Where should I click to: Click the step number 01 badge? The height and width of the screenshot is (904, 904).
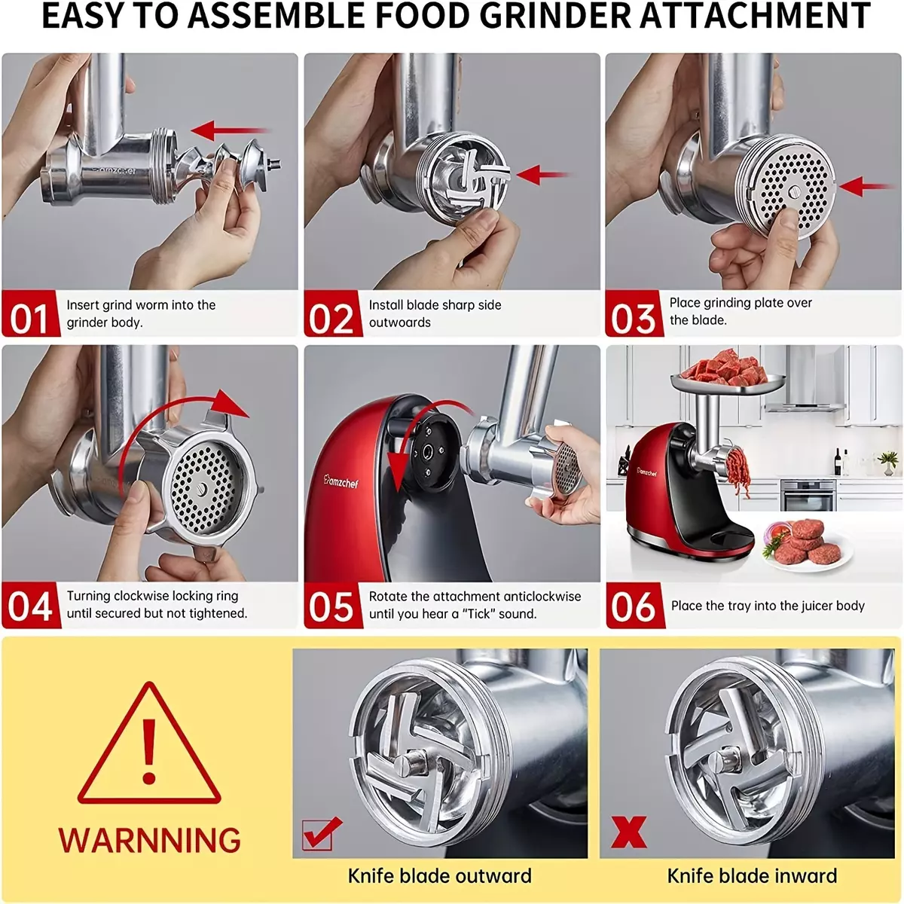[x=31, y=313]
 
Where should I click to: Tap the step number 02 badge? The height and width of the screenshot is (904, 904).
[x=333, y=313]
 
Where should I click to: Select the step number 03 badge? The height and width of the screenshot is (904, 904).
[x=634, y=313]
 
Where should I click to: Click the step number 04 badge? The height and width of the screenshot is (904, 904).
[x=31, y=605]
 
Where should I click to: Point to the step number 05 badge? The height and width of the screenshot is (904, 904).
[x=333, y=605]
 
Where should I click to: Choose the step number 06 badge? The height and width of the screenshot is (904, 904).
[x=635, y=605]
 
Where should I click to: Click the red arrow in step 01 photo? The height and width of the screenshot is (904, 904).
[x=230, y=130]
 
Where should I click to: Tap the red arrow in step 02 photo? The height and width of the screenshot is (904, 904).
[x=542, y=175]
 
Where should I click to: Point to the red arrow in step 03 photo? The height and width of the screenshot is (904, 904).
[x=866, y=186]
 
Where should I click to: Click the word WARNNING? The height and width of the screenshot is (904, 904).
[x=149, y=840]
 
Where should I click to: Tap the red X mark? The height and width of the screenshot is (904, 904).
[x=628, y=831]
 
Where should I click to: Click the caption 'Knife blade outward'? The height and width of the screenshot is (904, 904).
[x=439, y=876]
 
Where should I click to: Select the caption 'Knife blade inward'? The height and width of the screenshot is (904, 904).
[x=752, y=876]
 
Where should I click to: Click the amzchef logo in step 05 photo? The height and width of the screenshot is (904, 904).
[x=341, y=481]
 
